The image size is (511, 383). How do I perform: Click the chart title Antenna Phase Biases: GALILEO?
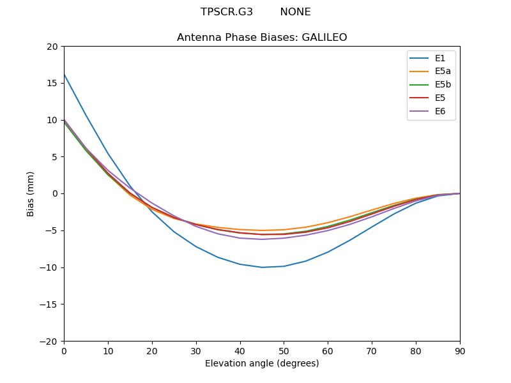[262, 38]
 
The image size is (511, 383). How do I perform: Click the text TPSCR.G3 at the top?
[227, 12]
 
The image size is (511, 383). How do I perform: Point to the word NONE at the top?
[295, 12]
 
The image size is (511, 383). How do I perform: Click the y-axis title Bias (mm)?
[31, 193]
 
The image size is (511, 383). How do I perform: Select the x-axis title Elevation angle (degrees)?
[262, 363]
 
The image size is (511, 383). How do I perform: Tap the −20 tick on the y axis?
[50, 341]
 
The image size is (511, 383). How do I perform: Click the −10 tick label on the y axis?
[50, 267]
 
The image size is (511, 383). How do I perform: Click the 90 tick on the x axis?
[460, 350]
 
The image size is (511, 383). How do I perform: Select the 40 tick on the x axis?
[240, 350]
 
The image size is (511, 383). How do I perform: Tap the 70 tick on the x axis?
[372, 350]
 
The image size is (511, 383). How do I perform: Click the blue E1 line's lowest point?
[262, 267]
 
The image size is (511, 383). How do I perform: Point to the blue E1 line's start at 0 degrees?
[64, 74]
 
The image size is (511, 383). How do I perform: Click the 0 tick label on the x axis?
[64, 350]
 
